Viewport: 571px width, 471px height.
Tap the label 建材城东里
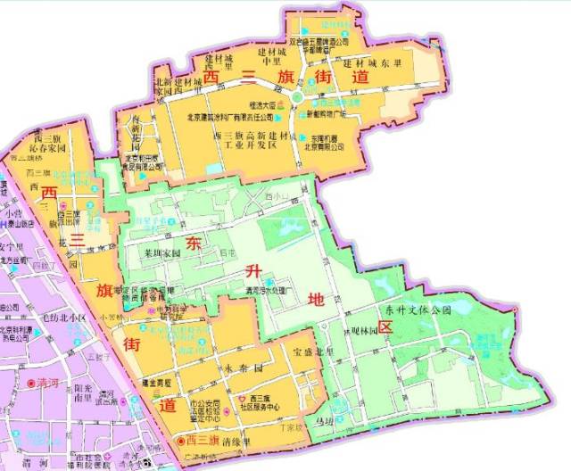(x=373, y=64)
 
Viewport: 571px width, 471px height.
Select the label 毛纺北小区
(x=40, y=318)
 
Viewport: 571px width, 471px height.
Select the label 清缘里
(x=236, y=441)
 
